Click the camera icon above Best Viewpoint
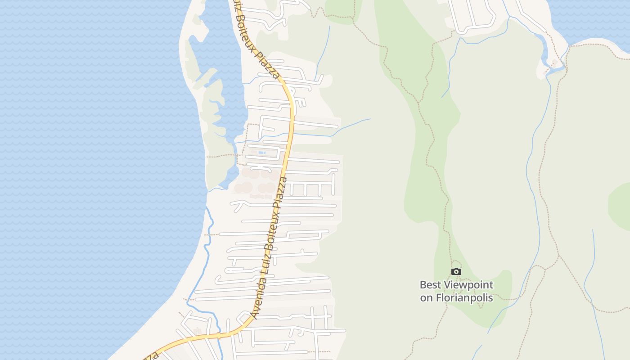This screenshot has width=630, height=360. pos(456,271)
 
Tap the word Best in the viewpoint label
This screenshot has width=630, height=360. pos(430,285)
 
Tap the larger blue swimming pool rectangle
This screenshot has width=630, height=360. pos(262,153)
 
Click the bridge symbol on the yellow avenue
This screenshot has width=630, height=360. pos(219,335)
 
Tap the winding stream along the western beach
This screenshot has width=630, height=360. pos(207,252)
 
